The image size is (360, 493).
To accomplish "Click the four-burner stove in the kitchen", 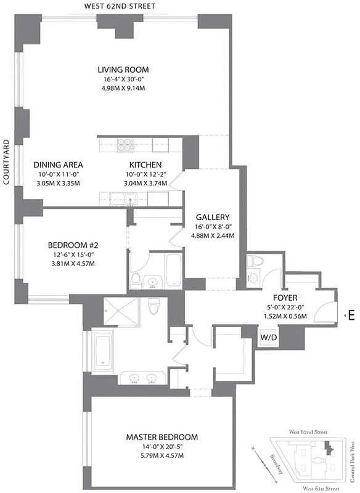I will tap(125, 145).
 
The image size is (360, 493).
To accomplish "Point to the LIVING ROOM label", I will tap(127, 70).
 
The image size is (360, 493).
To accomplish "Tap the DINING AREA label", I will tap(58, 165).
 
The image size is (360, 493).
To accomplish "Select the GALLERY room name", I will tap(213, 217).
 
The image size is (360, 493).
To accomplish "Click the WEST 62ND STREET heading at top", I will tap(120, 6).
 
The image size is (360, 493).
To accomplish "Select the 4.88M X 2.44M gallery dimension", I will tap(213, 235).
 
